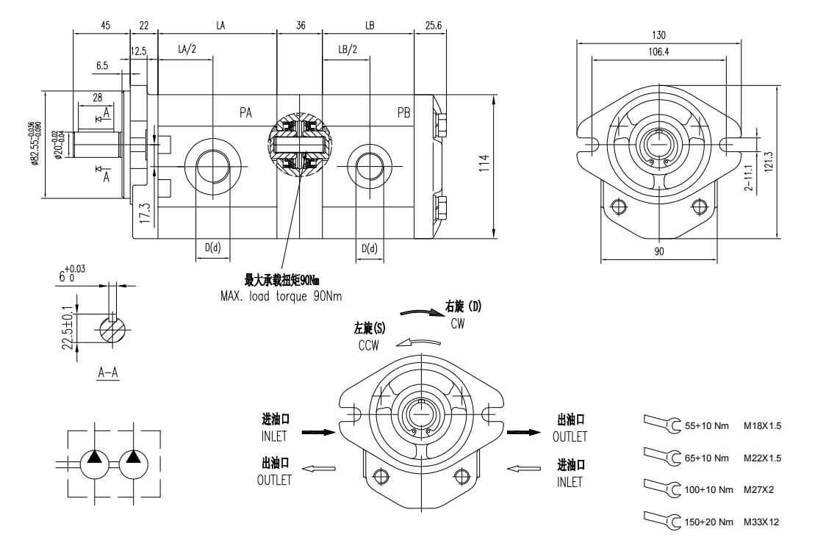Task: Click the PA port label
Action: [245, 112]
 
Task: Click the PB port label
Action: [403, 112]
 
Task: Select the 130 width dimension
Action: [658, 35]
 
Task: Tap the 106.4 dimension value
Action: [658, 51]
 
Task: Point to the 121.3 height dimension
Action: [769, 162]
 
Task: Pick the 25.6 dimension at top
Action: [434, 25]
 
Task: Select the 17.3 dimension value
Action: [145, 213]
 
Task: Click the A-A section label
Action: [108, 372]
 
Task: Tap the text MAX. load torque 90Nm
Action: [281, 296]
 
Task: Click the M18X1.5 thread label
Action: [762, 425]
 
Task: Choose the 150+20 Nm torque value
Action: [708, 522]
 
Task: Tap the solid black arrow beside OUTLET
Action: [523, 432]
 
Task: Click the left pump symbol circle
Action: [95, 464]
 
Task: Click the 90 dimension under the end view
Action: [659, 251]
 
